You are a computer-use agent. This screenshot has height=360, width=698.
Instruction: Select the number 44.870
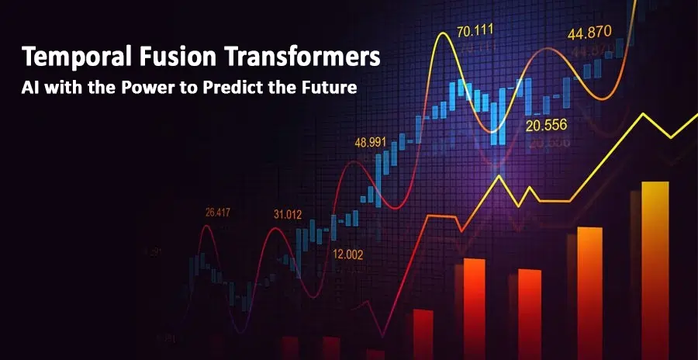tap(590, 33)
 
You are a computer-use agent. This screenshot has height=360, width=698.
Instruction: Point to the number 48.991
tap(371, 142)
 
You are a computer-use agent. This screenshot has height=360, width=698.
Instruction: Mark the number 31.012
tap(288, 213)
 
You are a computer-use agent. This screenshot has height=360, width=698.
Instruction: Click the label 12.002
tap(347, 253)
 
